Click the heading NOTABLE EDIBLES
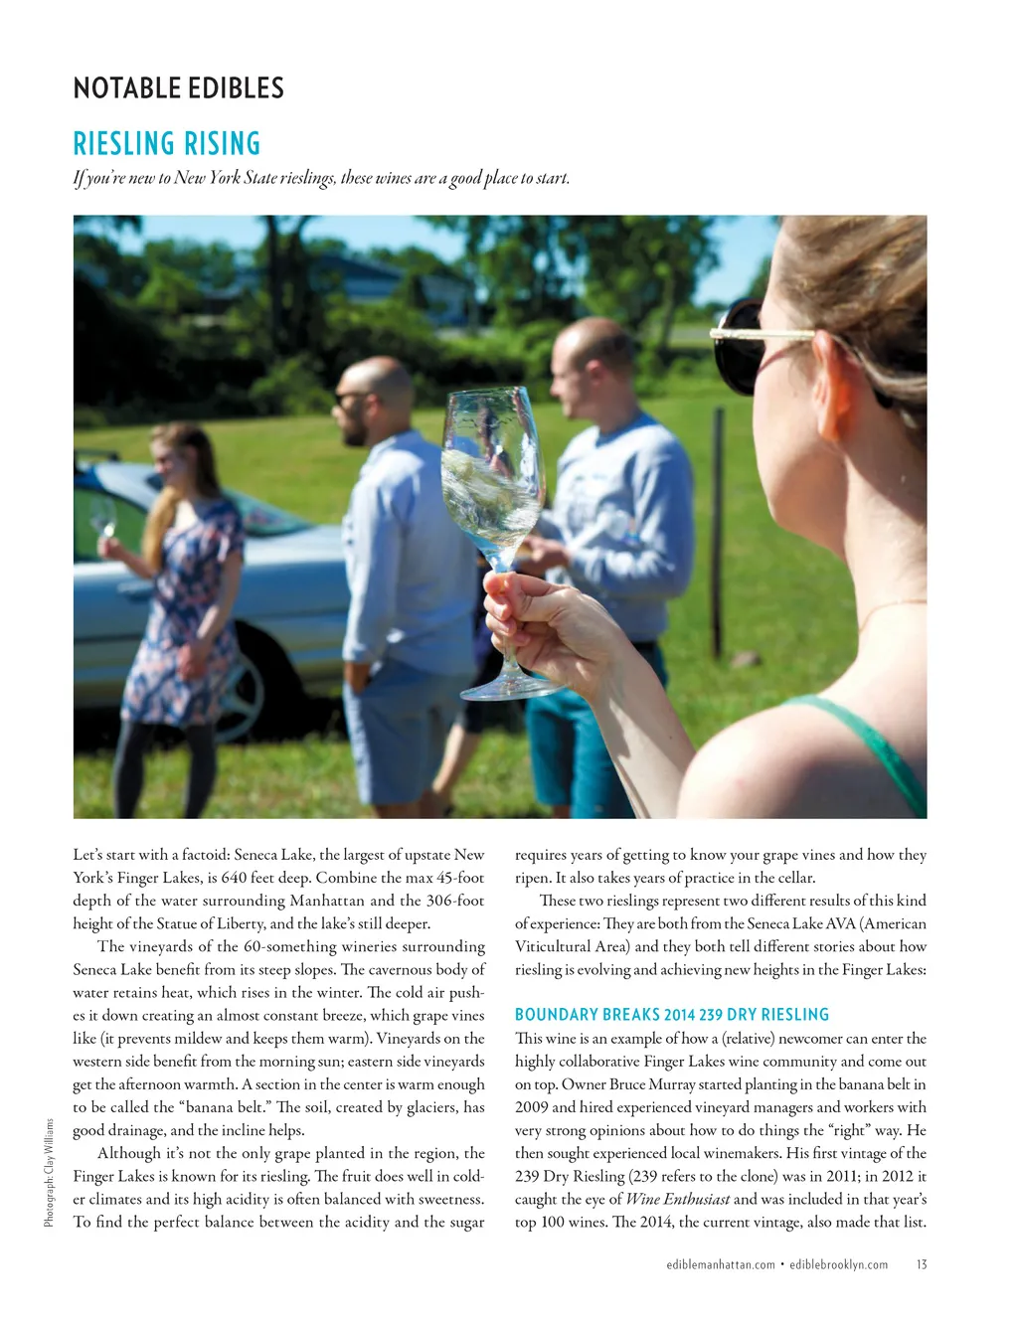[x=179, y=88]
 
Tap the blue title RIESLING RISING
[x=167, y=144]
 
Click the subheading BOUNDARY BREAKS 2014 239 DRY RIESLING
[x=672, y=1015]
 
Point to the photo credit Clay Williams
[x=49, y=1172]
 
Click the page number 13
[x=922, y=1264]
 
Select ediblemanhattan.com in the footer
[x=721, y=1264]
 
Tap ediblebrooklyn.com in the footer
[x=839, y=1264]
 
